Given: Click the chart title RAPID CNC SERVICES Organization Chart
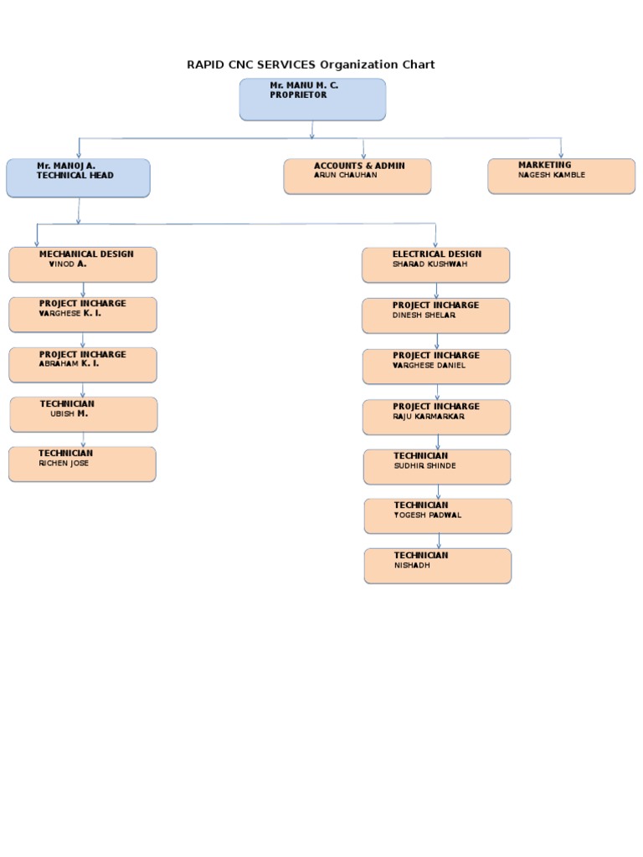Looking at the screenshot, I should tap(311, 64).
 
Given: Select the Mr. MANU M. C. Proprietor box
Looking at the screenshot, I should tap(312, 100).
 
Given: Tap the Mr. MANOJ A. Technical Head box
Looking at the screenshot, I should tap(78, 178).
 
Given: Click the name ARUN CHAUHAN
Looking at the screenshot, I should tap(345, 176).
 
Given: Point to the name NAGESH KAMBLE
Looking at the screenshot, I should tap(551, 176).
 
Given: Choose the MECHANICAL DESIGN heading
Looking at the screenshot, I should tap(86, 254).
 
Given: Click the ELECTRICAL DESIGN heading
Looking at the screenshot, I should tap(437, 254).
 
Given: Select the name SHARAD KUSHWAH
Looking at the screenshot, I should tap(430, 264).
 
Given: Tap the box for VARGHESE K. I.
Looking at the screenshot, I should tap(83, 315).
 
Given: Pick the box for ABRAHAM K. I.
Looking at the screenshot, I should tap(83, 365).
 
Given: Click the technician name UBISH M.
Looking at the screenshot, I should tap(69, 413).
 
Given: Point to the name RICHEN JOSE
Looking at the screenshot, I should tap(64, 464).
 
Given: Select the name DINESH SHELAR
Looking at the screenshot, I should tap(424, 316).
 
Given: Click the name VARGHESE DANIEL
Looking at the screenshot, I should tap(429, 366).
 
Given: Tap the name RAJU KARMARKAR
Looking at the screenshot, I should tap(428, 417).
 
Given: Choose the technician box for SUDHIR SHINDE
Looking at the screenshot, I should tap(437, 467).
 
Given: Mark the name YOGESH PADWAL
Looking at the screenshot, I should tap(427, 516).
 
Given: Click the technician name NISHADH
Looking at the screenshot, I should tap(413, 566).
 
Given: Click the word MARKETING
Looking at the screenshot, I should tap(544, 165).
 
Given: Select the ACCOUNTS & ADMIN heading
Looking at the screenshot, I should tap(359, 166).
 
